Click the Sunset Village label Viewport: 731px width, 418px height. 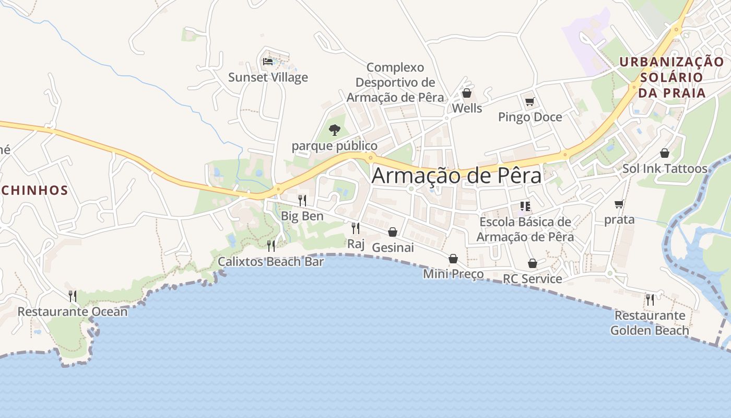268,78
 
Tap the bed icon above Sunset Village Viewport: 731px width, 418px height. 268,62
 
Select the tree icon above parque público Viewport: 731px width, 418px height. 334,130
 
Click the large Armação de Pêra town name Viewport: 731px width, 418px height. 456,176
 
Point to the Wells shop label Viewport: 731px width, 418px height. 467,109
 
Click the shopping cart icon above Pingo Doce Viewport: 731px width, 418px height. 529,101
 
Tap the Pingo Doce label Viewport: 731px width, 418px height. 530,117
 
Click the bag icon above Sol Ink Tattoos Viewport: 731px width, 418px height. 665,153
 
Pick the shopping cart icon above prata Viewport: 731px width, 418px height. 619,204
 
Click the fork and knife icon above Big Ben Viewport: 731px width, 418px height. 302,200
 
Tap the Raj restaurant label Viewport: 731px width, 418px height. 356,243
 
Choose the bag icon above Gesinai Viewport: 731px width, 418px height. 392,232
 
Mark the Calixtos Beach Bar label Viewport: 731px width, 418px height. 270,262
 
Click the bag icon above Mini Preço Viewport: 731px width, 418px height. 453,259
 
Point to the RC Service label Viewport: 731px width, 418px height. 532,279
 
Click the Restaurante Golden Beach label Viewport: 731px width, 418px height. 650,323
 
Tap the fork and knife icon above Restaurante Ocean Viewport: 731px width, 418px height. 73,296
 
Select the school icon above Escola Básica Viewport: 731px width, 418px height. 525,206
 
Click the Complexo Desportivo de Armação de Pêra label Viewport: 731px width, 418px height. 395,83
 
